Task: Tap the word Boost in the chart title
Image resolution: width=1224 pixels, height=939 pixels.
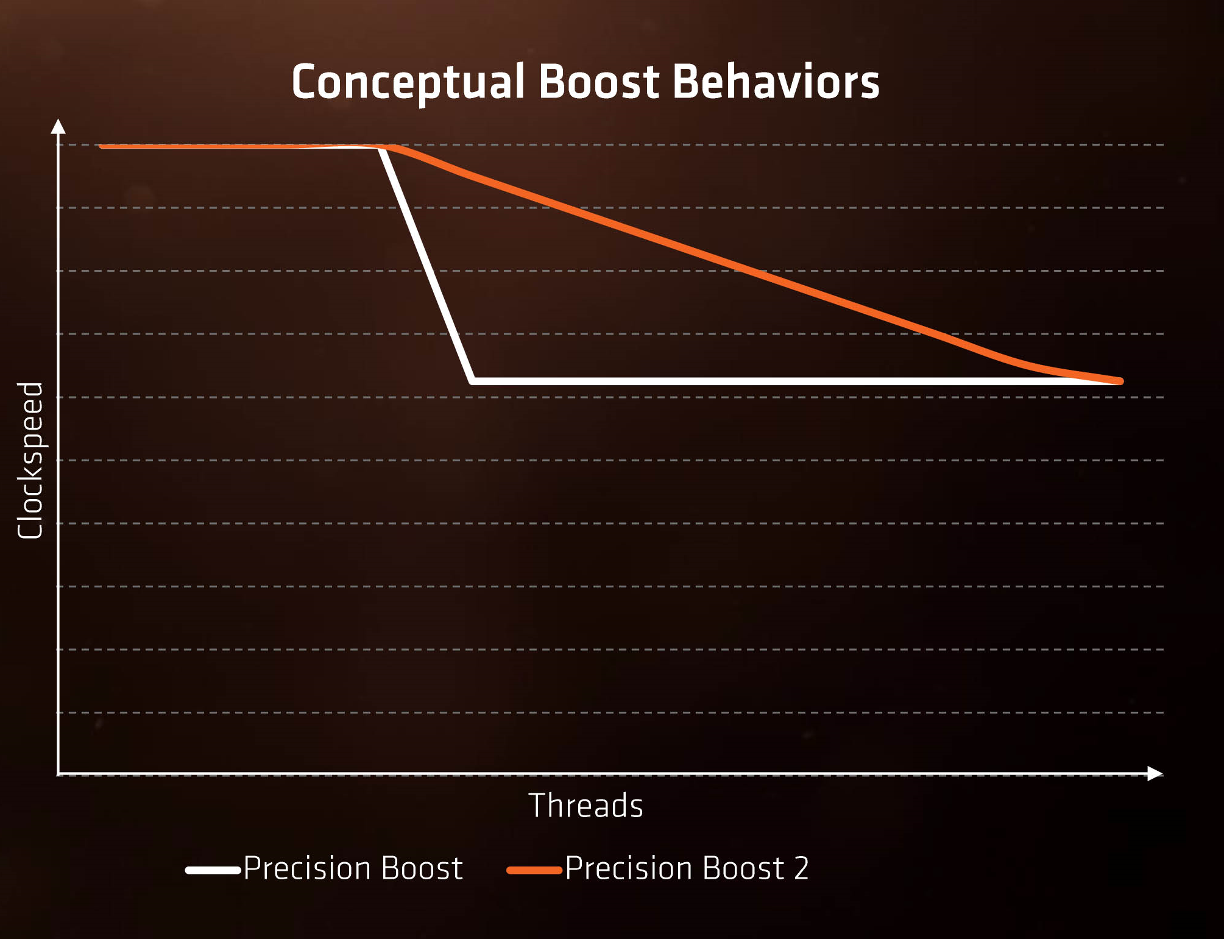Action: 599,81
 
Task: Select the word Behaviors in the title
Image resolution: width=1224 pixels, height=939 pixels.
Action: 776,81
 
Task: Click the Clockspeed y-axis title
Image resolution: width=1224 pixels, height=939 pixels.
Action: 30,461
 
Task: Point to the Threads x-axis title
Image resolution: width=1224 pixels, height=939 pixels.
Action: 585,806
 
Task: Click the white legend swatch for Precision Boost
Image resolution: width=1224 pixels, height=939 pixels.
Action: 213,870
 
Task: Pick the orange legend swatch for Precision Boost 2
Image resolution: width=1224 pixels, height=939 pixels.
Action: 534,870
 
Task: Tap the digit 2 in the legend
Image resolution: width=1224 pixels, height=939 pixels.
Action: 801,868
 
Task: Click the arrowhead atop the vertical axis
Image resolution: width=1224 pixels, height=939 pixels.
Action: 58,126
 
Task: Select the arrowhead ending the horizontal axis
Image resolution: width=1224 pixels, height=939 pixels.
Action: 1155,774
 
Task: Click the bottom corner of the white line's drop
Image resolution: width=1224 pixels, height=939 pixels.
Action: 473,381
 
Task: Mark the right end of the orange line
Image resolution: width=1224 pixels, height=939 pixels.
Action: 1120,381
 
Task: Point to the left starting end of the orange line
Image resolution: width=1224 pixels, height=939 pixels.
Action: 102,146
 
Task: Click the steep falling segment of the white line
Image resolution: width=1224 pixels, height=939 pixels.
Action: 426,264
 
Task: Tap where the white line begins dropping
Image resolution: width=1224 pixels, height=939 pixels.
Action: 380,147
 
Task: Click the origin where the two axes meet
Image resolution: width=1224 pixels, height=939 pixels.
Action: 58,774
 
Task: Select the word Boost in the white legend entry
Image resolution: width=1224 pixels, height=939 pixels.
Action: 422,868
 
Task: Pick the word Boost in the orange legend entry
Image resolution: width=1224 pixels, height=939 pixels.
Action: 743,868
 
